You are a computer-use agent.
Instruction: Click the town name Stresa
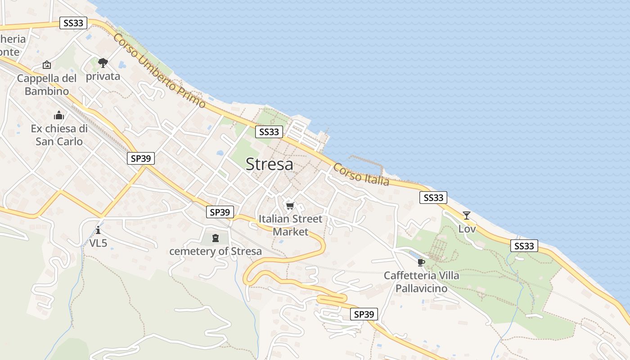[x=269, y=164]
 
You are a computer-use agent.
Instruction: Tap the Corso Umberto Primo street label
[x=159, y=71]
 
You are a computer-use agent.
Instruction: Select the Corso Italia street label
[x=361, y=174]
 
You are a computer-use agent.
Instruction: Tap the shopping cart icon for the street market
[x=290, y=206]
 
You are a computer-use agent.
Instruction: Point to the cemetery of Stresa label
[x=215, y=251]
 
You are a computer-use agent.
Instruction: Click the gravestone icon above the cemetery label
[x=215, y=238]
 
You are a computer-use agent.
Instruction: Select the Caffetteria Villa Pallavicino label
[x=421, y=282]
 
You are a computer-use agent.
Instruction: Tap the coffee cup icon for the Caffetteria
[x=421, y=262]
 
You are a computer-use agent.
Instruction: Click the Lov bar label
[x=467, y=229]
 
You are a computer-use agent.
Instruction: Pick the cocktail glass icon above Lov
[x=467, y=216]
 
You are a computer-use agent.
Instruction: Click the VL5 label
[x=98, y=243]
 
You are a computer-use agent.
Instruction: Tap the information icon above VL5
[x=98, y=230]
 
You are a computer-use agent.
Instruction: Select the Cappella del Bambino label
[x=47, y=85]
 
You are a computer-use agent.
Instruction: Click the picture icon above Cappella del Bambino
[x=47, y=65]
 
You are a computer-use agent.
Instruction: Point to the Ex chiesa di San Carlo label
[x=59, y=135]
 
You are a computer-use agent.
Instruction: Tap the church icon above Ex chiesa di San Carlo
[x=59, y=116]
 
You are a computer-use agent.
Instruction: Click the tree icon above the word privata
[x=103, y=63]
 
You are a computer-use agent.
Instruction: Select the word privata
[x=103, y=76]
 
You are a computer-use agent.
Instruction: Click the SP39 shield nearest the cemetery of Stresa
[x=220, y=212]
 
